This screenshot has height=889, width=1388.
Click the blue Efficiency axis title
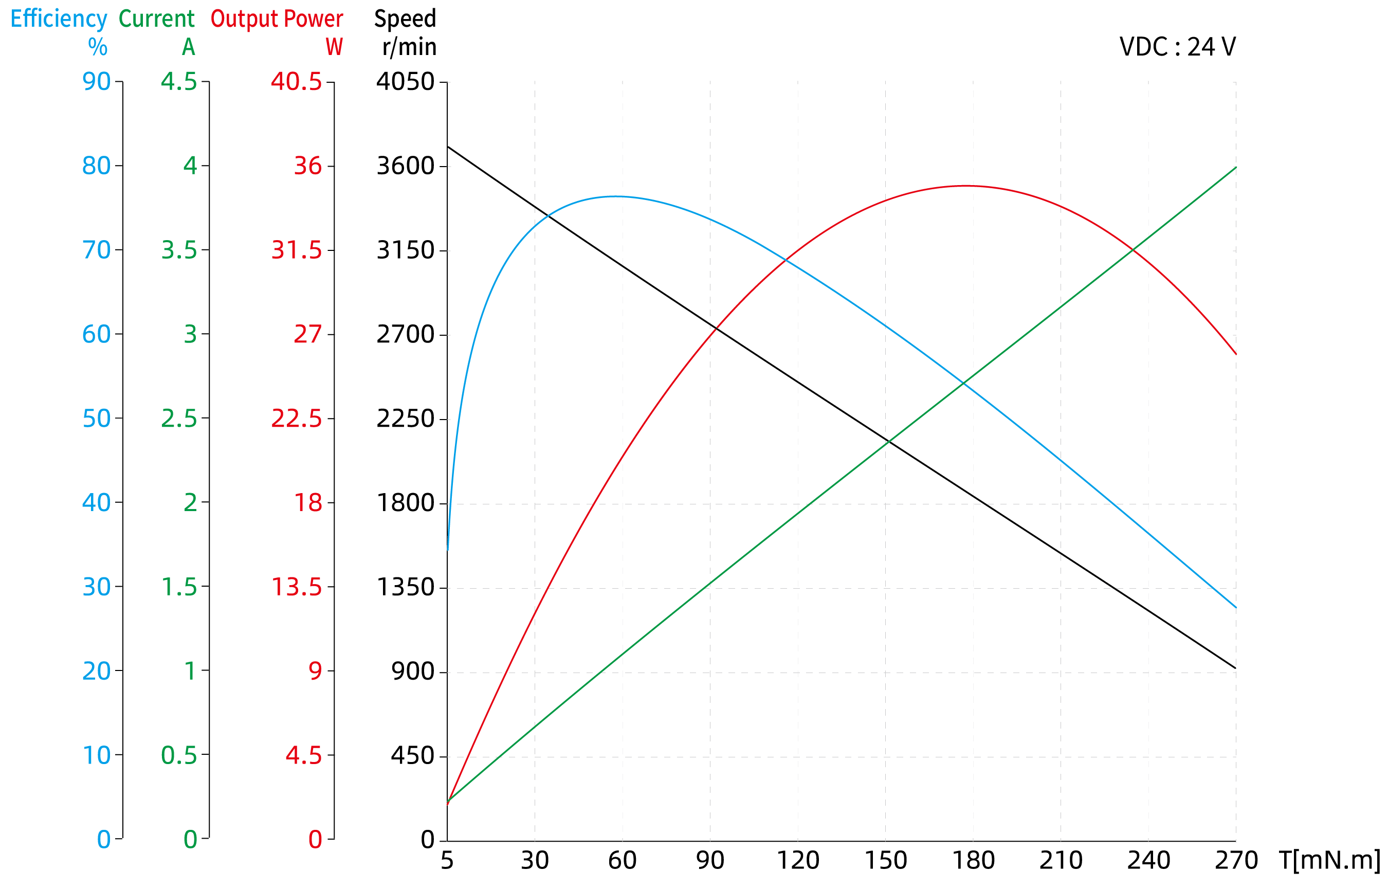(59, 19)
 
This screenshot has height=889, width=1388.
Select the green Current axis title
(156, 19)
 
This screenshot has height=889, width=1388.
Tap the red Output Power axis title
(277, 19)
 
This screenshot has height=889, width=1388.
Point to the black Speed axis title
(405, 19)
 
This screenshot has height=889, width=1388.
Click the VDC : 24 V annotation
(1177, 47)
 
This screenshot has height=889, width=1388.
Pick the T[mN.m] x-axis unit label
(1329, 860)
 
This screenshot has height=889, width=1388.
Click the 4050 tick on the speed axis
(405, 81)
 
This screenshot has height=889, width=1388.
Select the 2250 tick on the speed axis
(405, 419)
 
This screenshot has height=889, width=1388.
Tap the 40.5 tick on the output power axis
(296, 81)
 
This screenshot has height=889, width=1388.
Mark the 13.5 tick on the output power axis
(296, 587)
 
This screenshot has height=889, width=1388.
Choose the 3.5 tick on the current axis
(179, 250)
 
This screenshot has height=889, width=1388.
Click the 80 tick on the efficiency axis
(96, 166)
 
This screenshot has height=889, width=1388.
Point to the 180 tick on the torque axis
(973, 861)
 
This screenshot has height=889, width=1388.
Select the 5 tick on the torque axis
(447, 861)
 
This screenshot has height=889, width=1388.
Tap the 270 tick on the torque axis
(1236, 861)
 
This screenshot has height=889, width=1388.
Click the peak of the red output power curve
(966, 186)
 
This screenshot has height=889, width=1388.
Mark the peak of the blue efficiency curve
(615, 196)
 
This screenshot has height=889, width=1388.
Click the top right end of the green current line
(1236, 168)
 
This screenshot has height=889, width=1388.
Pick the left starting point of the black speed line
(448, 147)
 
